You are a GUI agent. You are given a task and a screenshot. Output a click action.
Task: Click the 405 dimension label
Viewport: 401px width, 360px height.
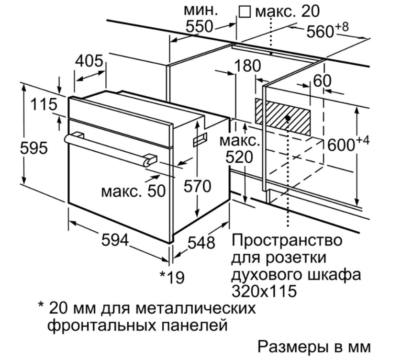point(89,61)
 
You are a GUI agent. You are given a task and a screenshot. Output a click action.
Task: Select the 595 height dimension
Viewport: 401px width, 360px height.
point(33,148)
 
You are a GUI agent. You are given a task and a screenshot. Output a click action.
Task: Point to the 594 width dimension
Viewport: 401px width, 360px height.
point(115,240)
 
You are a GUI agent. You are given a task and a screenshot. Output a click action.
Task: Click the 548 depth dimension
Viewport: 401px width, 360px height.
point(200,243)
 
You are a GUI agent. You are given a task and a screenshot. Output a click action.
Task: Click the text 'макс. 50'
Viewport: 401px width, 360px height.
point(133,191)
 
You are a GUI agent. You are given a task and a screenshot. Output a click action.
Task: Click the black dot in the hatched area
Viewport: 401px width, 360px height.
point(288,117)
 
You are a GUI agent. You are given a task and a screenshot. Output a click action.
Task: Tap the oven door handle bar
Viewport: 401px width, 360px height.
point(110,148)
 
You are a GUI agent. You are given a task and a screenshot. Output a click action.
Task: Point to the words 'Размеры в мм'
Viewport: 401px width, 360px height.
point(314,345)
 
